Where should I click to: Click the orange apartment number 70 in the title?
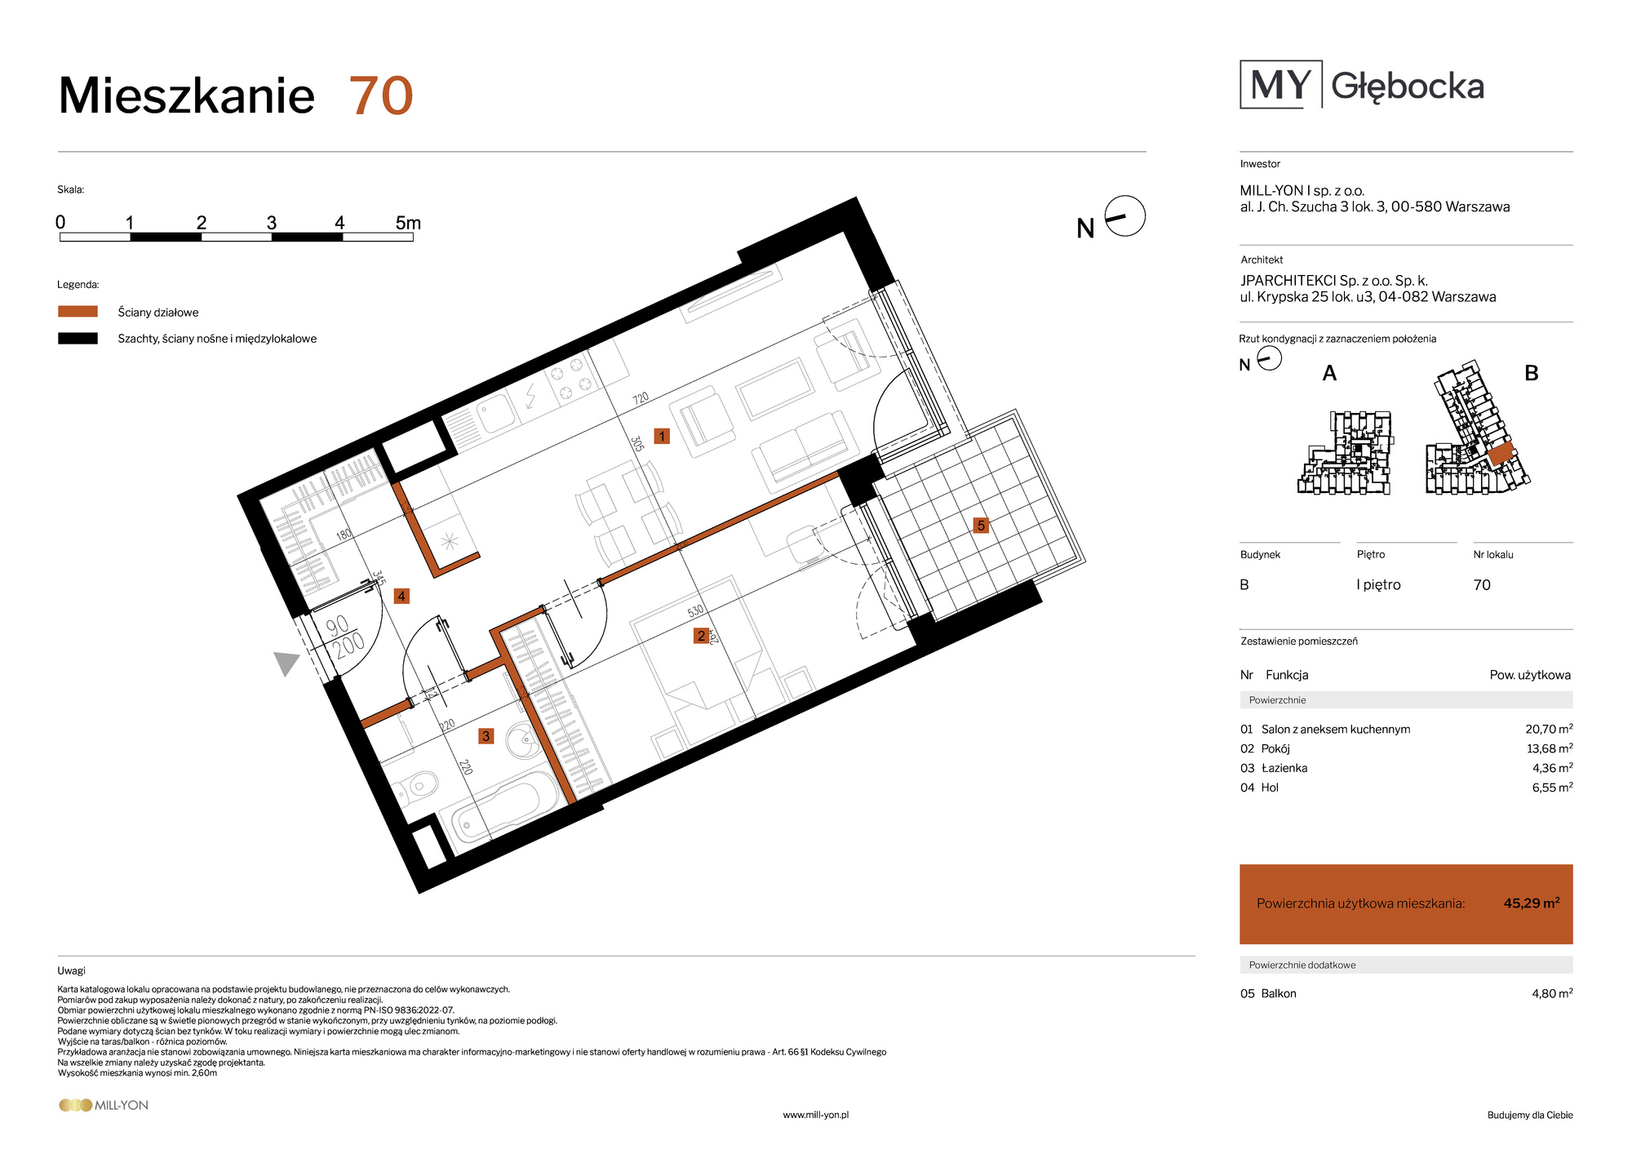(381, 96)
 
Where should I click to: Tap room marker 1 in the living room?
(662, 437)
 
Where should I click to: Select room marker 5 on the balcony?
(981, 526)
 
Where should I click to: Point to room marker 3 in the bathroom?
(486, 736)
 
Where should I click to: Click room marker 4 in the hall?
(401, 597)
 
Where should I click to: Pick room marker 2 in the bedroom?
(701, 636)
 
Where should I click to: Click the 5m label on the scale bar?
(408, 223)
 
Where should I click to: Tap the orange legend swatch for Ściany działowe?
(78, 312)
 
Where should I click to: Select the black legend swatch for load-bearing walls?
(78, 339)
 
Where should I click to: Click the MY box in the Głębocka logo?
(1280, 84)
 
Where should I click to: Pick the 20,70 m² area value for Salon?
(1549, 729)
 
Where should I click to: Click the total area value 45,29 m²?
(1532, 903)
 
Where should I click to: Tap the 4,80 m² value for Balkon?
(1552, 993)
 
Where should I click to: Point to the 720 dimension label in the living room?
(641, 398)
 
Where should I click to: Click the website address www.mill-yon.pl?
(816, 1115)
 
